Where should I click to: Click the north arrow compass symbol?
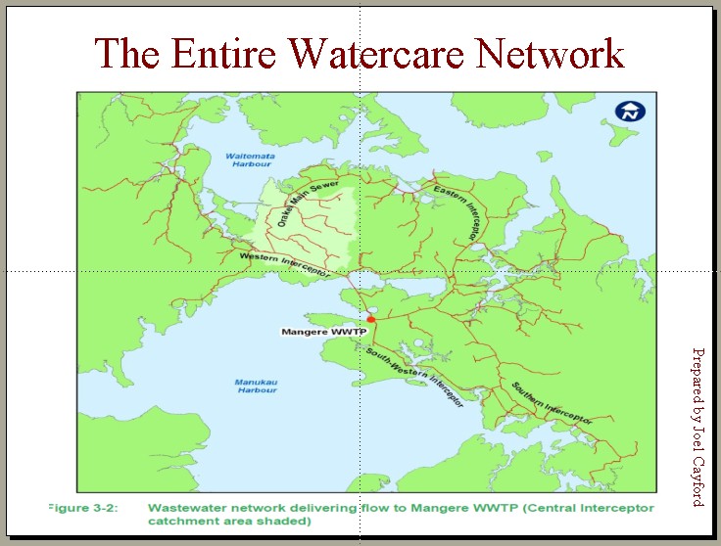point(626,112)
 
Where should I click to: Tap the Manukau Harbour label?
point(256,387)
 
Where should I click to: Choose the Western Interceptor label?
point(283,263)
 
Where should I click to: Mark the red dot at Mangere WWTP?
point(371,319)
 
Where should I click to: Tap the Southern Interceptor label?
point(553,402)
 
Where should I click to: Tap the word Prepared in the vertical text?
point(697,376)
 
